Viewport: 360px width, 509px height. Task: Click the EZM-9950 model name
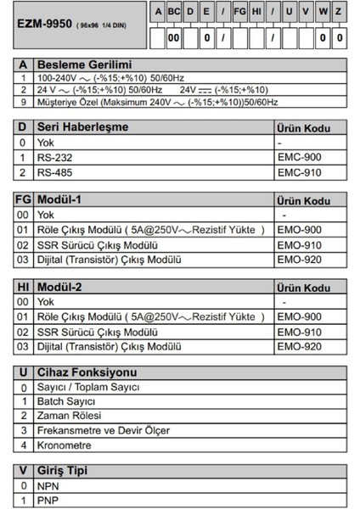pyautogui.click(x=44, y=25)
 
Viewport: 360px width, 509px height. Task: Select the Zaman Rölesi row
pyautogui.click(x=69, y=417)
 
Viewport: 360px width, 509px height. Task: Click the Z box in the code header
pyautogui.click(x=339, y=12)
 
